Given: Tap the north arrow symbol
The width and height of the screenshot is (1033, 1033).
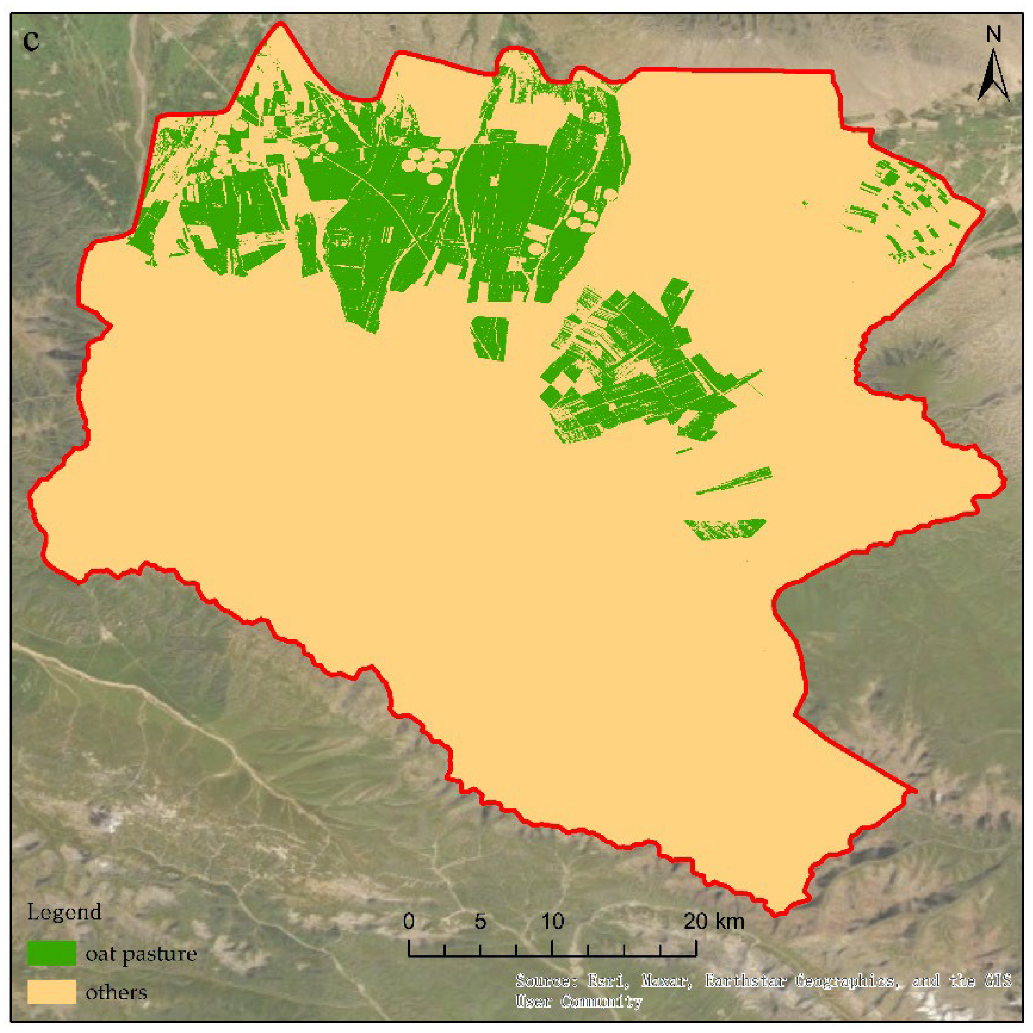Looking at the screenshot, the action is pyautogui.click(x=993, y=75).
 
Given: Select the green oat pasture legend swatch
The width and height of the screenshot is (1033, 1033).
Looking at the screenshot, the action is pyautogui.click(x=51, y=954).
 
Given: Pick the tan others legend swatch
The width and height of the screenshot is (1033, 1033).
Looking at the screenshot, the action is pyautogui.click(x=51, y=992).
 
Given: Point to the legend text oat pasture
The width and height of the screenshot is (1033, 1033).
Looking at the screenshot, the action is pyautogui.click(x=141, y=954).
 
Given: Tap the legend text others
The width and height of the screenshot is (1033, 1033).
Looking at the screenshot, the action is pyautogui.click(x=116, y=993).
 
